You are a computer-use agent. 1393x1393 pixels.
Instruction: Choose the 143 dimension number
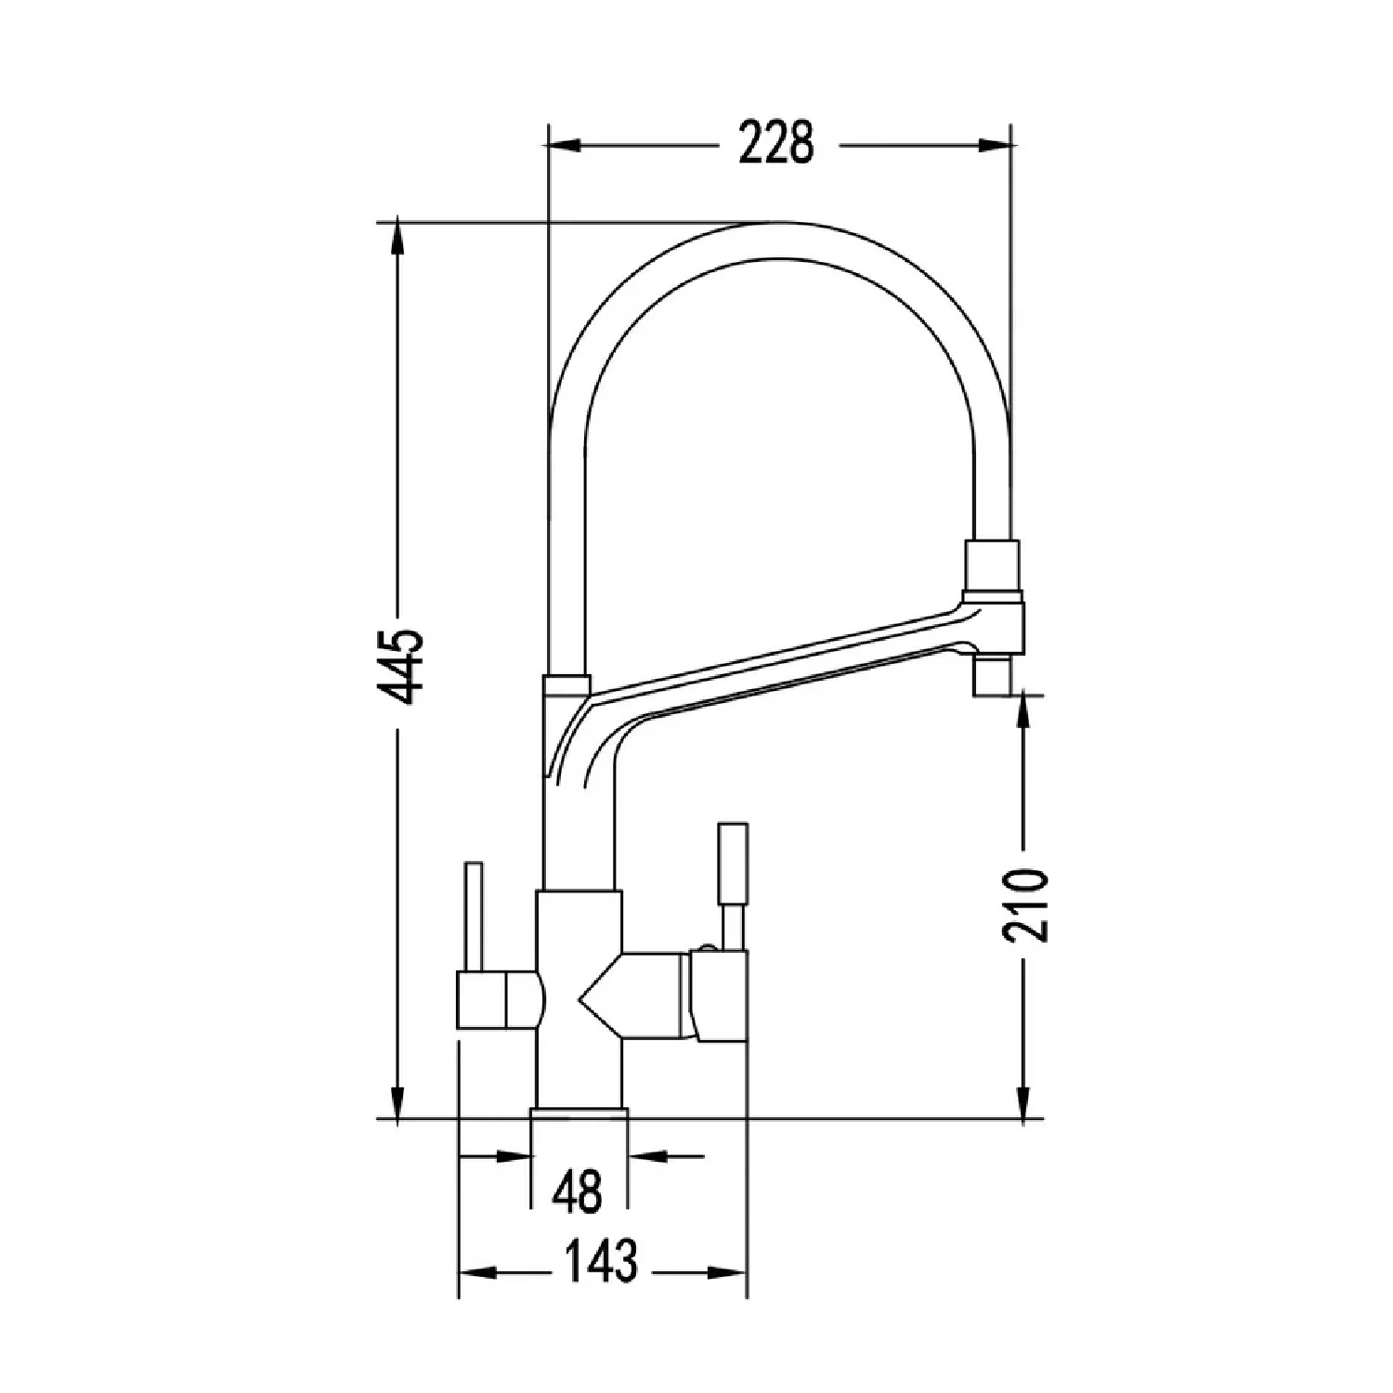tap(601, 1260)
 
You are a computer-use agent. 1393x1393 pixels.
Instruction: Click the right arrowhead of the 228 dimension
tap(995, 145)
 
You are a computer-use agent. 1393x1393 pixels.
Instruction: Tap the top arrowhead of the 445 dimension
tap(398, 238)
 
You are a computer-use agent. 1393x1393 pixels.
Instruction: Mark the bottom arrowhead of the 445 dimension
tap(398, 1102)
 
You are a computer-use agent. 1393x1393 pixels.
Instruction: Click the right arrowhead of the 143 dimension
tap(731, 1272)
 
